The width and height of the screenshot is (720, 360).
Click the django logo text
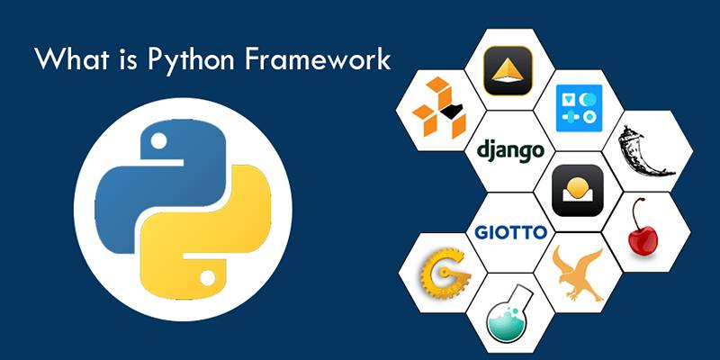tap(510, 150)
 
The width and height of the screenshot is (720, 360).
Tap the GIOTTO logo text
tap(511, 233)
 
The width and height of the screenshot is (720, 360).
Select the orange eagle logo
tap(578, 274)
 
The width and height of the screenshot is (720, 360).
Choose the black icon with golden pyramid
tap(508, 70)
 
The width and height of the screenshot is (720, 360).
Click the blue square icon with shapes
tap(579, 108)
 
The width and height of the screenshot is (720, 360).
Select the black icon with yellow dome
tap(578, 190)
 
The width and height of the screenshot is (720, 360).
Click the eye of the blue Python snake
tap(159, 141)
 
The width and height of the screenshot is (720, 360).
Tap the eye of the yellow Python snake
tap(208, 278)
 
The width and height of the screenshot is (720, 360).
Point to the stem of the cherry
tap(635, 216)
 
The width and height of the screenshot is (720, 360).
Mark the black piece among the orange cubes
tap(451, 109)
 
